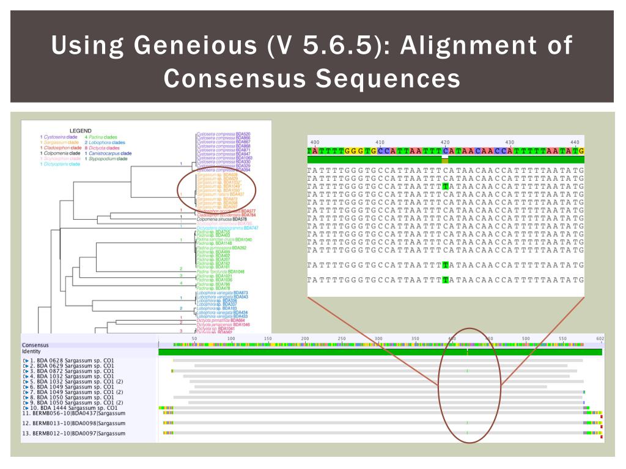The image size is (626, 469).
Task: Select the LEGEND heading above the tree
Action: tap(80, 131)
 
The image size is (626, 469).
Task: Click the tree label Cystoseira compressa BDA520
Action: tap(223, 134)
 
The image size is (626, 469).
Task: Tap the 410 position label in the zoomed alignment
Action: tap(380, 142)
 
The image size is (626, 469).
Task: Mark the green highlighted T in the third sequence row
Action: tap(447, 185)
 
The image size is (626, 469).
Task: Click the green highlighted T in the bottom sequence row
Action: tap(447, 280)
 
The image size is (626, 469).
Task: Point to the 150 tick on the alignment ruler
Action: tap(268, 338)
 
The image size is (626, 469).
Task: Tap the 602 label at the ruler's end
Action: tap(600, 338)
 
